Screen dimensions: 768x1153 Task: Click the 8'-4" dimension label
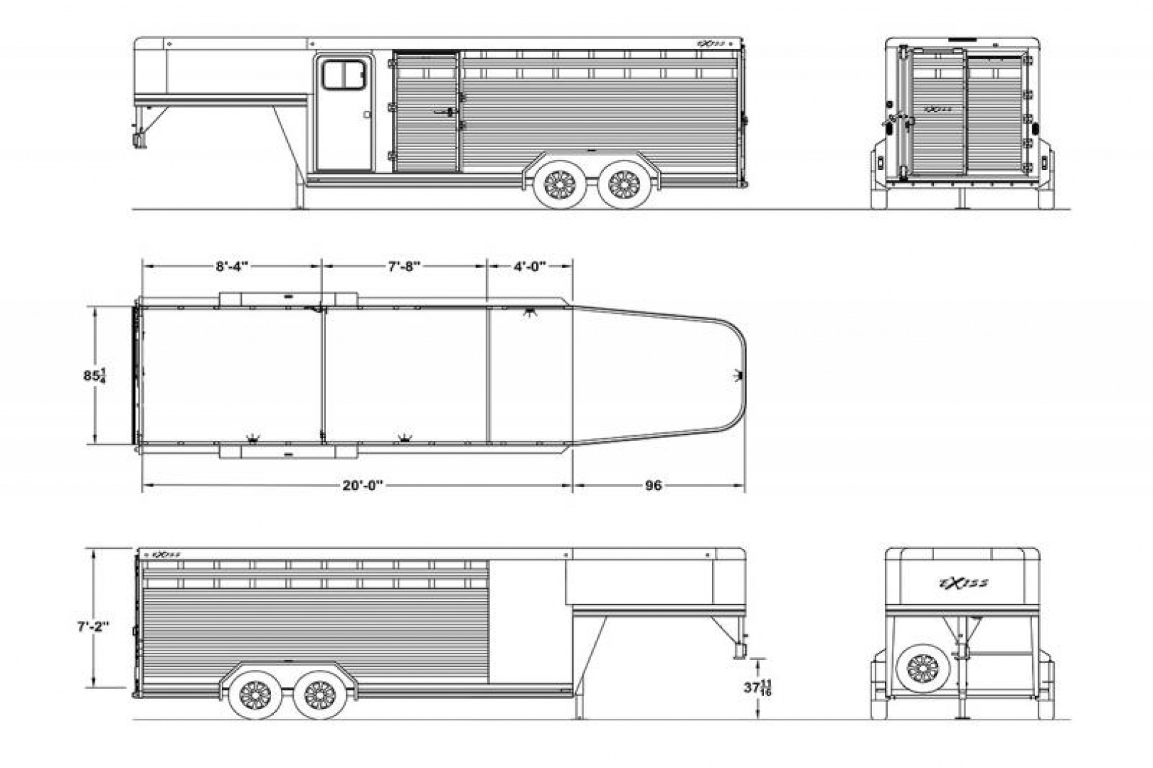coord(232,267)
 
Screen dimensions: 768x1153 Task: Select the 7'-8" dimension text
coord(404,267)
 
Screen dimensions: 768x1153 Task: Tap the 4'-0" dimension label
coord(529,267)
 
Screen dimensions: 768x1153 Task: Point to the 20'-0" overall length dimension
coord(362,486)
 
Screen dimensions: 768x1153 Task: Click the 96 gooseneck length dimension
coord(653,486)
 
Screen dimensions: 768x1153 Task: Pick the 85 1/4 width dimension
coord(95,375)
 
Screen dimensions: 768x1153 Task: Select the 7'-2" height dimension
coord(94,629)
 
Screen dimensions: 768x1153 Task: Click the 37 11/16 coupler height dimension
coord(757,688)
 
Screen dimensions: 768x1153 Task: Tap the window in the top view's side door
coord(344,75)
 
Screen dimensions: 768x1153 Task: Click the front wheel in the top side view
coord(560,185)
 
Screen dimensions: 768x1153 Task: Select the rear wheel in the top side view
coord(624,185)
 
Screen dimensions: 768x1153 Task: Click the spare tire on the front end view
coord(923,668)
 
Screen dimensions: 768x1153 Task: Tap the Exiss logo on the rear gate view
coord(938,110)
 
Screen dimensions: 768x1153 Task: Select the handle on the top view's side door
coord(367,114)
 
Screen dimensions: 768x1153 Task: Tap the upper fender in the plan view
coord(288,299)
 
